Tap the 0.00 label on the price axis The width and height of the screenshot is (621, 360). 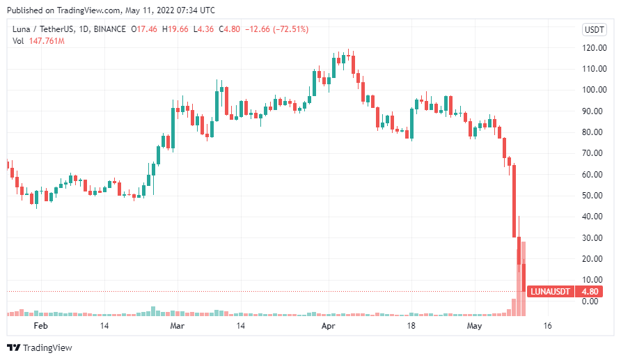tap(590, 301)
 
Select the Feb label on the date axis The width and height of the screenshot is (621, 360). tap(41, 325)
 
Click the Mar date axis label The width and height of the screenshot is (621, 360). tap(177, 325)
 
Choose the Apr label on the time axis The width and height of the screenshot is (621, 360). tap(327, 325)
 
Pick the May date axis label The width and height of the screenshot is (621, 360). tap(474, 325)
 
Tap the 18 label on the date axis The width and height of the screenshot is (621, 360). tap(411, 325)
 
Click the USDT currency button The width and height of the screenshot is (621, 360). tap(594, 29)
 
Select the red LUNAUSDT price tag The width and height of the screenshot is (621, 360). tap(550, 291)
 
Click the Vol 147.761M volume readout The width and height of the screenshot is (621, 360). tap(39, 41)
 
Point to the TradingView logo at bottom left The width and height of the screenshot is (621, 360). tap(40, 347)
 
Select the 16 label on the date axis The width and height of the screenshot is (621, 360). tap(548, 325)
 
